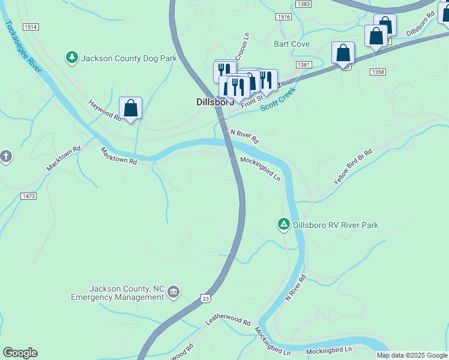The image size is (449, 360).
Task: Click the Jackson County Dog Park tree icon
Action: click(x=72, y=58)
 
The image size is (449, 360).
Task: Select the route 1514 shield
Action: click(x=31, y=27)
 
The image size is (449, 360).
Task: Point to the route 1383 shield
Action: click(x=304, y=4)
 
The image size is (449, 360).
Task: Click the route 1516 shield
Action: click(x=284, y=17)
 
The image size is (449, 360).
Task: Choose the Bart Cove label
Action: click(x=292, y=44)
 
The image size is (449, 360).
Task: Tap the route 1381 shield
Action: click(x=303, y=64)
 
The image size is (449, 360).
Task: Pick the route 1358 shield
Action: click(x=378, y=72)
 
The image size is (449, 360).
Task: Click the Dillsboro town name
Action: click(x=214, y=102)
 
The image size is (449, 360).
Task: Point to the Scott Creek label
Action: click(x=279, y=99)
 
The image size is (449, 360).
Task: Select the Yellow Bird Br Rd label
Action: click(x=353, y=167)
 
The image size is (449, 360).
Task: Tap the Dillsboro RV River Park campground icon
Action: click(x=283, y=224)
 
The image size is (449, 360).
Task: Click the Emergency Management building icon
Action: click(x=173, y=292)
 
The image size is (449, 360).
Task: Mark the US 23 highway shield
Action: click(x=206, y=298)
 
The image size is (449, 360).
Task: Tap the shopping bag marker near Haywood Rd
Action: click(x=130, y=109)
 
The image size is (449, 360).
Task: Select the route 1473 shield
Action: click(x=28, y=196)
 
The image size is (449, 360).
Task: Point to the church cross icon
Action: click(x=6, y=157)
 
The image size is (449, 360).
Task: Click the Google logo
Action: click(x=20, y=353)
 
